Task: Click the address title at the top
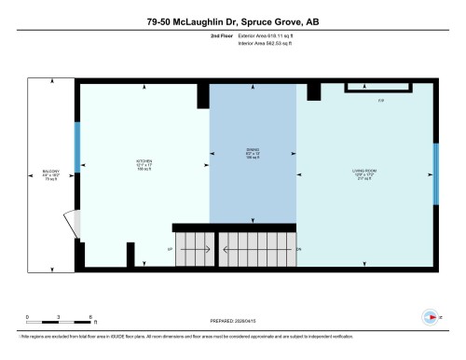[233, 20]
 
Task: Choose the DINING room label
[252, 151]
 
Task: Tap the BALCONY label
[51, 174]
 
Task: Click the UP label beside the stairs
[170, 250]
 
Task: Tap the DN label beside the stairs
[299, 250]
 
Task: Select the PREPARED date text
[233, 319]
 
